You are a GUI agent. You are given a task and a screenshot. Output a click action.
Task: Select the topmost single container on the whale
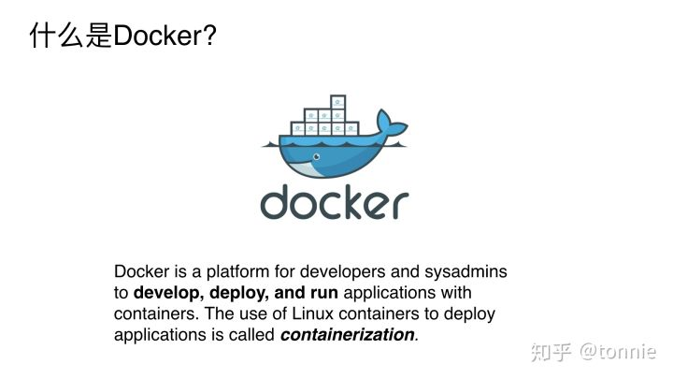point(337,103)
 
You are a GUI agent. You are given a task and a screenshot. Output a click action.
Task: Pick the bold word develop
point(165,293)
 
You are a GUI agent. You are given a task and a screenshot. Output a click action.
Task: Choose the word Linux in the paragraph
point(315,313)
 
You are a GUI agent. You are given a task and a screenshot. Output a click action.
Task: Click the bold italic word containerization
point(347,334)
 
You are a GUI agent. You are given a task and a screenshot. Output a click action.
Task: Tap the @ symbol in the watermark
point(591,352)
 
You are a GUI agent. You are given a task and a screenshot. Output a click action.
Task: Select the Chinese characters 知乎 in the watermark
point(551,352)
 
